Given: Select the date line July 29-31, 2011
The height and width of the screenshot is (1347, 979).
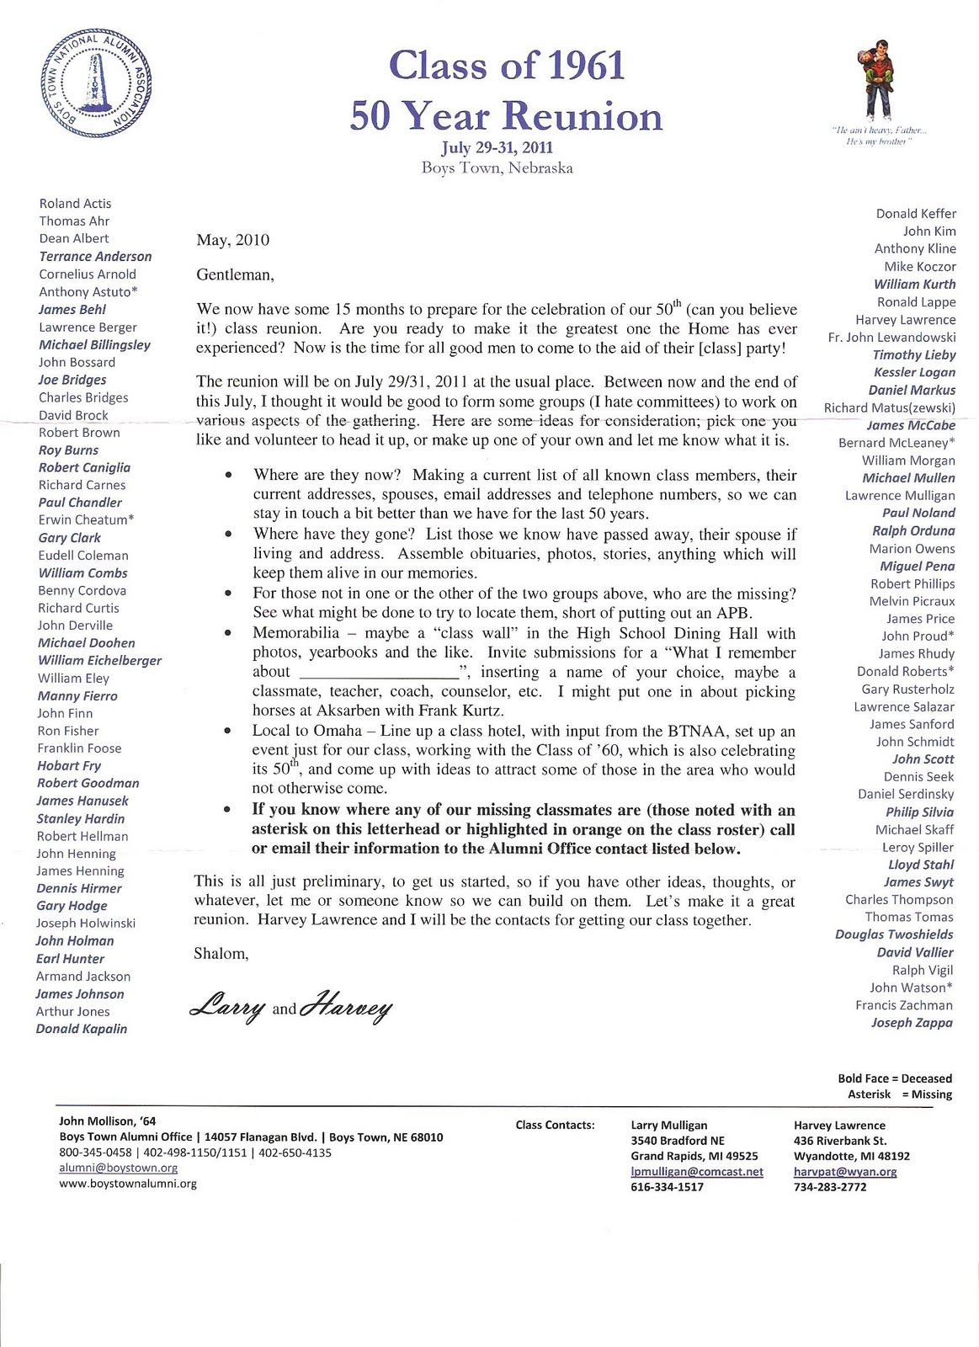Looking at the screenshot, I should pyautogui.click(x=497, y=147).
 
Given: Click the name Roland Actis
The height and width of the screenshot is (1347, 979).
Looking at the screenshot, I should pyautogui.click(x=75, y=204).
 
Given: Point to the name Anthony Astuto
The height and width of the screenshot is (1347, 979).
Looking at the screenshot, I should pyautogui.click(x=88, y=292).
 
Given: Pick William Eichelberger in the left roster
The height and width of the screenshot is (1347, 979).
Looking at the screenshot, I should pyautogui.click(x=99, y=661).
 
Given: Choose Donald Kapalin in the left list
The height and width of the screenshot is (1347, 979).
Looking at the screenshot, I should pyautogui.click(x=82, y=1029).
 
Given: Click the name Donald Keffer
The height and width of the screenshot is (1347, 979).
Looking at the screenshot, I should pyautogui.click(x=916, y=214).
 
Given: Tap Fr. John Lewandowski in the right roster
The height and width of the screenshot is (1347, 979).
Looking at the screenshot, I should pyautogui.click(x=891, y=338).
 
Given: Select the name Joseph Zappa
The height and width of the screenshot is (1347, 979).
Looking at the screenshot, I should pyautogui.click(x=912, y=1023).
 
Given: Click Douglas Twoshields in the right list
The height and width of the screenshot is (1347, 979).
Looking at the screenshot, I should pyautogui.click(x=894, y=934).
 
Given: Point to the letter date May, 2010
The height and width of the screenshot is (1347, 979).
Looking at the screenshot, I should pyautogui.click(x=233, y=240).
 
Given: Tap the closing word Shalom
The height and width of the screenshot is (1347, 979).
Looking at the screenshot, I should pyautogui.click(x=221, y=954).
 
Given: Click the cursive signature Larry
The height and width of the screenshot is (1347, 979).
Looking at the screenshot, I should pyautogui.click(x=228, y=1007).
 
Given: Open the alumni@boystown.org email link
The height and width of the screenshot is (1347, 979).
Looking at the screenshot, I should pyautogui.click(x=118, y=1168).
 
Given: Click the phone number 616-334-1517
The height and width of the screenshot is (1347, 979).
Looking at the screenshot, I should pyautogui.click(x=667, y=1187).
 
